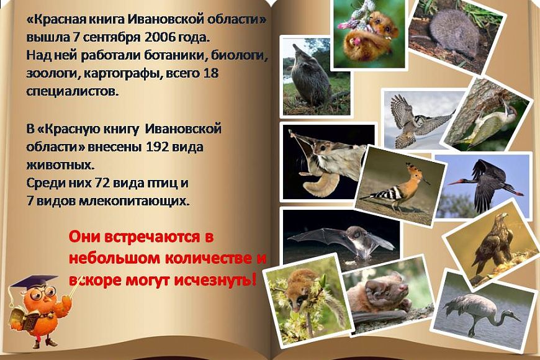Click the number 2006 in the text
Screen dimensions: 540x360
[x=159, y=37]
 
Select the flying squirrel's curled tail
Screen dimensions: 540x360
[x=318, y=184]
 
